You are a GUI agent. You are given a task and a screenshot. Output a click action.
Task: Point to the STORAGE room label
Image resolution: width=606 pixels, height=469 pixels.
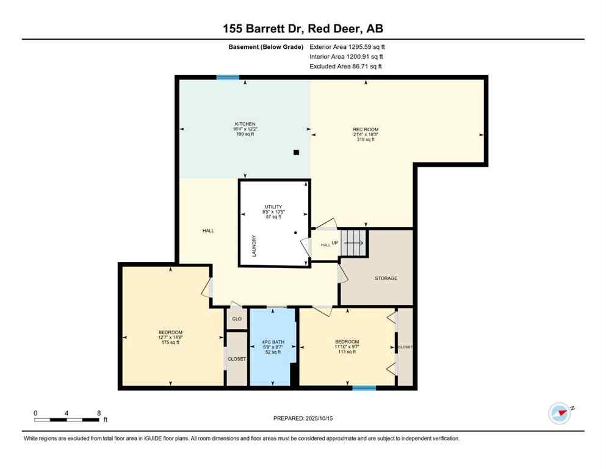click(x=386, y=278)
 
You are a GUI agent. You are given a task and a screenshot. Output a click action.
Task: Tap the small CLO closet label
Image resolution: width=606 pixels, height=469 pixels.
click(x=236, y=318)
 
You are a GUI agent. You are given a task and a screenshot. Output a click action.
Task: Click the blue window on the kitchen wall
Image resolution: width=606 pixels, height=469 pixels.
click(x=228, y=77)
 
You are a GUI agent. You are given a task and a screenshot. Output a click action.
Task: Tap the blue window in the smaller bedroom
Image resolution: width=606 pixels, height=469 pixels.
click(x=364, y=387)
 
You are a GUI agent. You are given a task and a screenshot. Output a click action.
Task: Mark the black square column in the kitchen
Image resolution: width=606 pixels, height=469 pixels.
click(x=296, y=153)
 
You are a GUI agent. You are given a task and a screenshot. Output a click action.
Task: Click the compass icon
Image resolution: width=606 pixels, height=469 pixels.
click(x=559, y=413)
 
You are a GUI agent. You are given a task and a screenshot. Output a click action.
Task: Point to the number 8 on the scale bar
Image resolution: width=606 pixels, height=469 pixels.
click(x=99, y=413)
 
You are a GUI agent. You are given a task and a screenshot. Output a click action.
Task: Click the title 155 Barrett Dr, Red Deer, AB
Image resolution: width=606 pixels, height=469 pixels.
click(x=303, y=29)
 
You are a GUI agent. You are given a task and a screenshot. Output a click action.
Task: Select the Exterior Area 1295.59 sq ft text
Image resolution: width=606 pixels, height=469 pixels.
click(x=347, y=46)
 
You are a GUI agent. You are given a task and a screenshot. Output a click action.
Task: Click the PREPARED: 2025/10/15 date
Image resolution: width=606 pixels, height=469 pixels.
click(x=303, y=418)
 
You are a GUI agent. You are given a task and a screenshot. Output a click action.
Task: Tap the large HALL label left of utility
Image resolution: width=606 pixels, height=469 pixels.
click(x=208, y=231)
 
